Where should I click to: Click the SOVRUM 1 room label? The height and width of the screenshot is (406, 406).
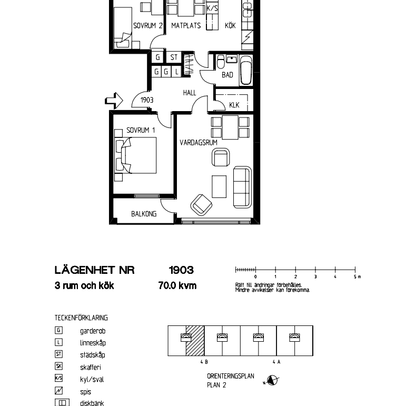point(141,130)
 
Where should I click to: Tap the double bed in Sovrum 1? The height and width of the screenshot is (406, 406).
point(139,155)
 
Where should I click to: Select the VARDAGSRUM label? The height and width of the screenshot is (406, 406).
point(199,142)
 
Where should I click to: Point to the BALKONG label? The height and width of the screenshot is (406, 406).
point(144,214)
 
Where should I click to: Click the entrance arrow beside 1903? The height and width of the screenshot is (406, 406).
point(114,100)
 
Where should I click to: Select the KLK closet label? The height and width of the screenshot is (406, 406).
point(234,105)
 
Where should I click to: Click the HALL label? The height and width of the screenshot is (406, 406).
point(189,93)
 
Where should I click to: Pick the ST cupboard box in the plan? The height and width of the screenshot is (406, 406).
point(174,57)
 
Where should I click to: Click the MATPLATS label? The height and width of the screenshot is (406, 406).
point(186,25)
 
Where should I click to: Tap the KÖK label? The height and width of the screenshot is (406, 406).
point(230,25)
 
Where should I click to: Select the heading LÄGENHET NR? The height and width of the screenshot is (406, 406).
point(94,270)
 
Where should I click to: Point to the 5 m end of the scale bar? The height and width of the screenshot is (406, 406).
point(355,270)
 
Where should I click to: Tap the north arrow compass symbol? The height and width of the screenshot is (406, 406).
point(273,380)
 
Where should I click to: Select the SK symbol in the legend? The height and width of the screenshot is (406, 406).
point(59,367)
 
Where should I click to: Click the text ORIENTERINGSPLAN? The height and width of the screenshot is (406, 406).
point(230,376)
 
